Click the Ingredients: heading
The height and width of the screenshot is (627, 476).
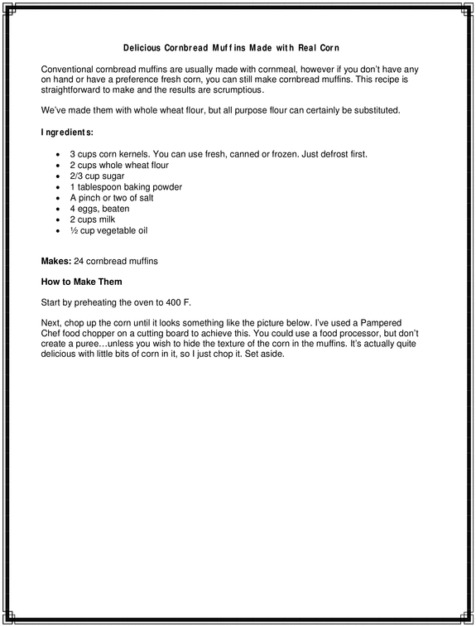tap(67, 132)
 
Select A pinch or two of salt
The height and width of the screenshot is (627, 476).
tap(112, 198)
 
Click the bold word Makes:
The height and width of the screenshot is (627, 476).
tap(55, 262)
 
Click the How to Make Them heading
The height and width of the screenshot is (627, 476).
tap(81, 282)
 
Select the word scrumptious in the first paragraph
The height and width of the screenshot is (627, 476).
tap(236, 89)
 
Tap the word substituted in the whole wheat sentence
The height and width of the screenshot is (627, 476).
tap(374, 110)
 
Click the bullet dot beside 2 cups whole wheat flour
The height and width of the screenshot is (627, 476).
tap(56, 166)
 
